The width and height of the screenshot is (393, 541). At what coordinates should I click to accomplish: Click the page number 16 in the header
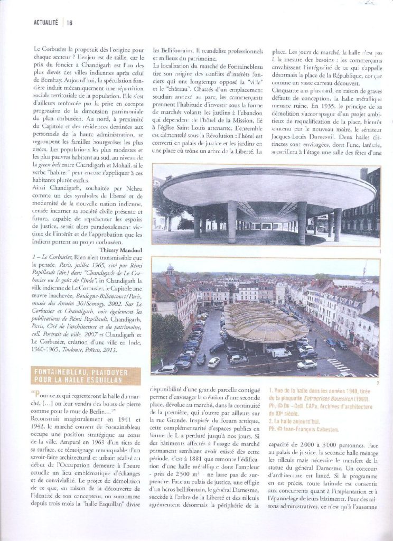[x=70, y=22]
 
